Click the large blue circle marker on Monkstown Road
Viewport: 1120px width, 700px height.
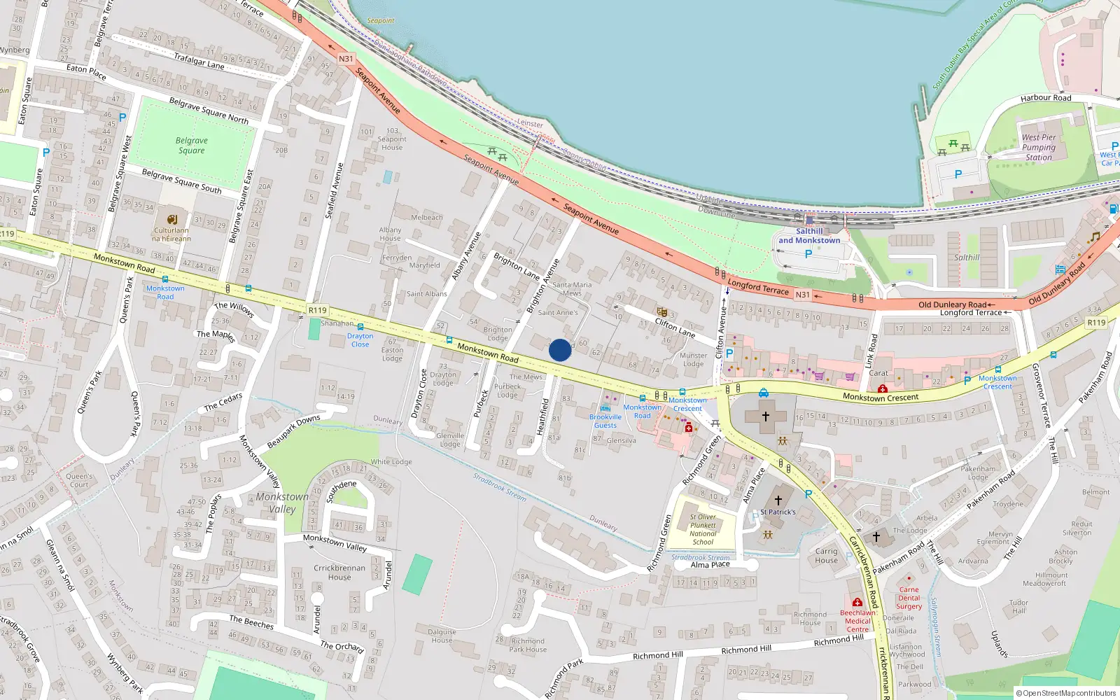pos(559,350)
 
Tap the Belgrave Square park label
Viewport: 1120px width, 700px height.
pos(191,146)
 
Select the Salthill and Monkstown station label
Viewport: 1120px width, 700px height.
pos(809,236)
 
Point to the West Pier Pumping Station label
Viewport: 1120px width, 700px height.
pos(1038,148)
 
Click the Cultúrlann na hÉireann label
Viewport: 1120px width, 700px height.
pos(171,234)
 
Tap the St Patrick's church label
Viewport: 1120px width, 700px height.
pos(778,512)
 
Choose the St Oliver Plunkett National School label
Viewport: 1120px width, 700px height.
pos(703,529)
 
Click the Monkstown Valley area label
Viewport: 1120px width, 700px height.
pos(282,503)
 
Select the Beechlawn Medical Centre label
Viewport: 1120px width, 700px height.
pos(857,621)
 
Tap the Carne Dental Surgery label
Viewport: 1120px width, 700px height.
pos(909,598)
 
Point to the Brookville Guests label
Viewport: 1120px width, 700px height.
pos(605,421)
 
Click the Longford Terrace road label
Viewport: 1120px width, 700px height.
pos(758,287)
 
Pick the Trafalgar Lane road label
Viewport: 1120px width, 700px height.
pos(199,61)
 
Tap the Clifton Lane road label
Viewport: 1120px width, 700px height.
pos(675,327)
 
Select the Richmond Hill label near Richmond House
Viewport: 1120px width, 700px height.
pos(839,640)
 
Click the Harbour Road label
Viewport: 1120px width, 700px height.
pos(1045,98)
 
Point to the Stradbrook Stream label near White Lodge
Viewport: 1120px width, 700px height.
pos(499,486)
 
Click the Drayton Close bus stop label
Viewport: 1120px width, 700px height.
pos(360,340)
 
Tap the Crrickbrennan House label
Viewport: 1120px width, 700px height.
pos(339,573)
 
